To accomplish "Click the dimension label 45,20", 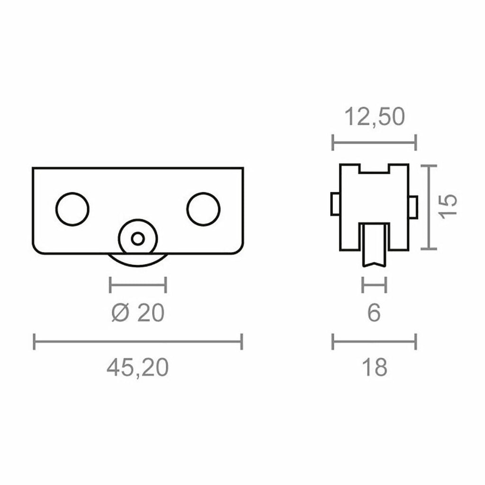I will (137, 368).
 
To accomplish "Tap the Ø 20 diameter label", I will (137, 313).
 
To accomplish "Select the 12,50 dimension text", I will (374, 117).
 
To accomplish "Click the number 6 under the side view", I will (374, 313).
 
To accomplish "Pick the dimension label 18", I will (374, 368).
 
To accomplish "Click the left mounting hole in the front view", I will (72, 209).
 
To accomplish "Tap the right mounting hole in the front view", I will (203, 209).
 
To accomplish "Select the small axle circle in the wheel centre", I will (138, 239).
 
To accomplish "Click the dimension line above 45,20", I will (137, 341).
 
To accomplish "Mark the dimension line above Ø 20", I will (137, 285).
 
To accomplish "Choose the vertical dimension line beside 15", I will (429, 207).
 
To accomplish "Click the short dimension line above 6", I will (374, 285).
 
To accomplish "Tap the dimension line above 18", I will (374, 341).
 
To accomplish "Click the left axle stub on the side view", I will (335, 204).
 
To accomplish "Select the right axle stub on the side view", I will (413, 207).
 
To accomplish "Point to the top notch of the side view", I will (374, 169).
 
